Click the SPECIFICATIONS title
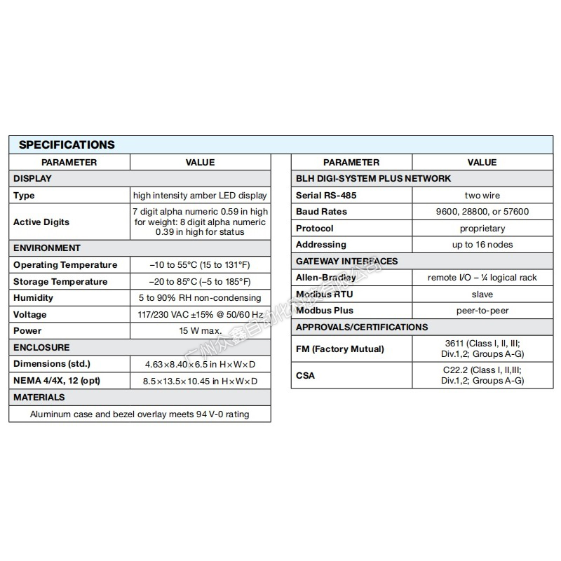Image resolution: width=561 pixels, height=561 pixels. point(67,145)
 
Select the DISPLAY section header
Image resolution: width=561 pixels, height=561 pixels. point(32,179)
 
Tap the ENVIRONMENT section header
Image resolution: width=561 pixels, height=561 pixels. point(47,248)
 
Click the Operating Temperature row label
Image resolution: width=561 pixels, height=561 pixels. point(65,265)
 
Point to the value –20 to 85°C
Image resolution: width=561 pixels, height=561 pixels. point(200,282)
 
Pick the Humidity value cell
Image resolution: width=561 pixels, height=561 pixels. point(200,298)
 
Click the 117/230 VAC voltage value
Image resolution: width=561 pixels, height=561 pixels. point(200,315)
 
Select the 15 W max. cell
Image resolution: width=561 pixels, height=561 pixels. point(200,331)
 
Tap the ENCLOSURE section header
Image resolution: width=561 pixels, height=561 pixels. point(41,348)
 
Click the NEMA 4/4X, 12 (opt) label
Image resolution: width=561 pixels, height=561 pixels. point(55,381)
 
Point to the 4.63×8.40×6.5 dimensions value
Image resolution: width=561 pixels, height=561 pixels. point(200,365)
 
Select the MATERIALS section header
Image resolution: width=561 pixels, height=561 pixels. point(39,398)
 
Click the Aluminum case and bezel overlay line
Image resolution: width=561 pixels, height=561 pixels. point(140,414)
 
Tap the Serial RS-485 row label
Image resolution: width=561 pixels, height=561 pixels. point(326,195)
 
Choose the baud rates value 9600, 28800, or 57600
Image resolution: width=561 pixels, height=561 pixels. point(482,212)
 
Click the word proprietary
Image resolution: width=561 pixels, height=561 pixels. point(482,229)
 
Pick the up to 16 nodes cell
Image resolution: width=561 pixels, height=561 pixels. point(482,245)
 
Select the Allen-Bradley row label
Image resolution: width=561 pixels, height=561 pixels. point(325,278)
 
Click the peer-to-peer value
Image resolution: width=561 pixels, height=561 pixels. point(482,311)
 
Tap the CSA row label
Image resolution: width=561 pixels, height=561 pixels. point(306,375)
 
